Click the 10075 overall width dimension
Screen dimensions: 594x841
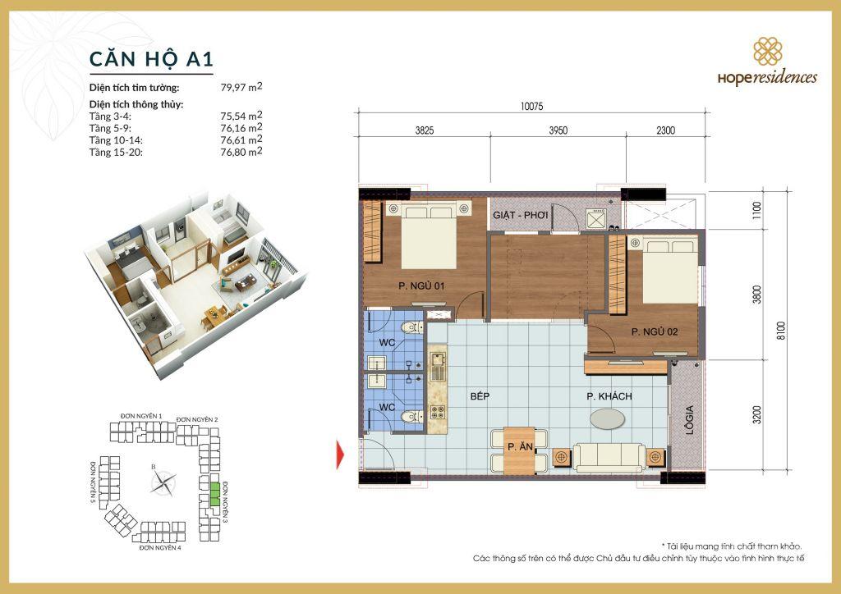click(532, 105)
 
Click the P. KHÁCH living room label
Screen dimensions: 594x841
click(609, 396)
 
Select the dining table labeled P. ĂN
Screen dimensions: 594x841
click(519, 450)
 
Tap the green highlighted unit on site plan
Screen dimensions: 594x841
click(214, 493)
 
